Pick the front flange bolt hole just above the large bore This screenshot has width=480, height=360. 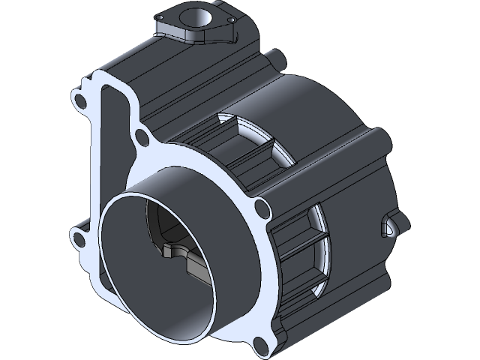140,136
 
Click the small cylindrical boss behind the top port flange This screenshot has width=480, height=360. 276,58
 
